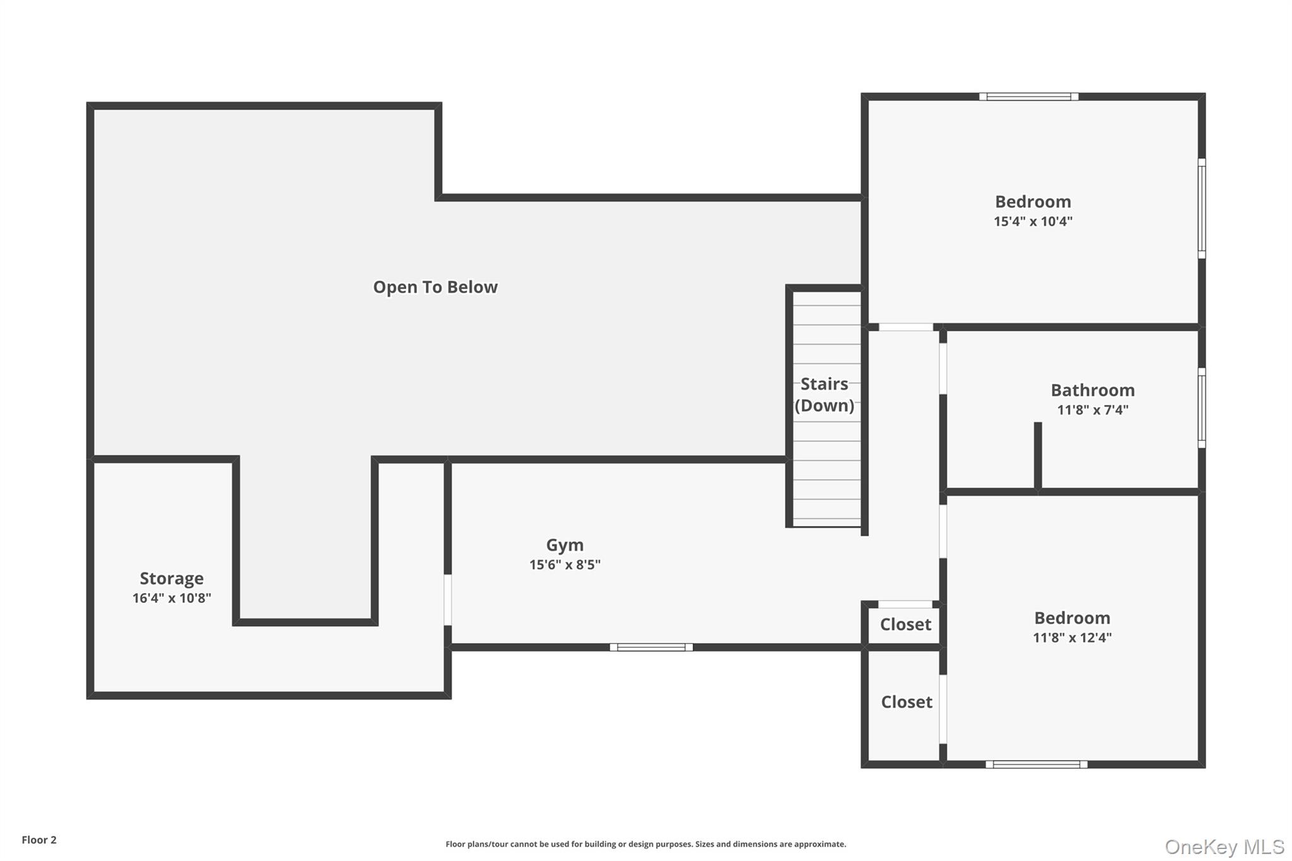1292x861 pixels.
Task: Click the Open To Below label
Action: (x=435, y=287)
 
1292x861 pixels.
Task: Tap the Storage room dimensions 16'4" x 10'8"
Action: (x=172, y=598)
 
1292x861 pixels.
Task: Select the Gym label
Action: (x=565, y=545)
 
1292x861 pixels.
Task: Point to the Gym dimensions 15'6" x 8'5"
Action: (x=565, y=565)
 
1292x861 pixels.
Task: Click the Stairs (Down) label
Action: (x=825, y=395)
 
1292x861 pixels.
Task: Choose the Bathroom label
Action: (x=1093, y=390)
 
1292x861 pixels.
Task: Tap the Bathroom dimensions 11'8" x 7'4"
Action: (x=1093, y=410)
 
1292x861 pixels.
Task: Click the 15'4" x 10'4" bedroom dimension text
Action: (x=1033, y=221)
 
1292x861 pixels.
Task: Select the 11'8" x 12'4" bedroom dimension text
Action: (x=1072, y=638)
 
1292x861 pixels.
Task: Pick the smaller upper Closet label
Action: (x=905, y=624)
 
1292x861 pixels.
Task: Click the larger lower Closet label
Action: (x=907, y=702)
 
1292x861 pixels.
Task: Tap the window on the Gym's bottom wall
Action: (x=651, y=647)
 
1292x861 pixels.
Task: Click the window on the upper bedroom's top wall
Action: (x=1028, y=97)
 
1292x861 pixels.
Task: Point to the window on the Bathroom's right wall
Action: (x=1202, y=408)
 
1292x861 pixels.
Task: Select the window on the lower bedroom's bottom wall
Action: (x=1036, y=764)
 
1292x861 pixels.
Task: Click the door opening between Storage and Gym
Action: (x=448, y=599)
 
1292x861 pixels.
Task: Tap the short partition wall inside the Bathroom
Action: (x=1037, y=455)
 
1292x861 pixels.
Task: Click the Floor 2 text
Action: (x=39, y=840)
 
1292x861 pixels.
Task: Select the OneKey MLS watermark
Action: (x=1224, y=846)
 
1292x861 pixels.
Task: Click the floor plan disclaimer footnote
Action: (x=645, y=844)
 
